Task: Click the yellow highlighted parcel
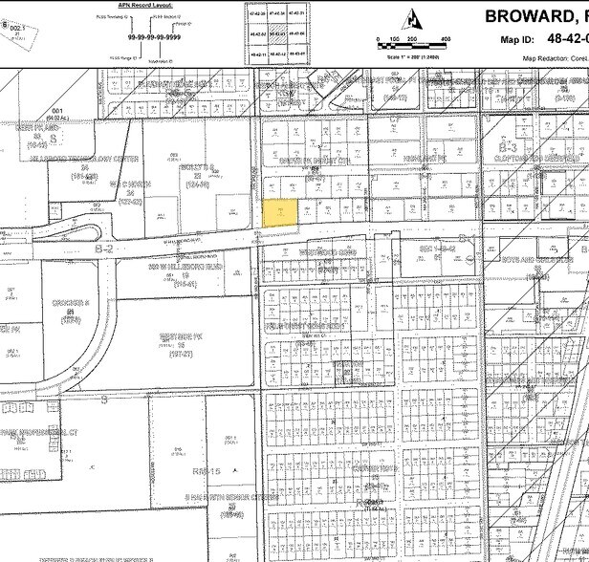278,213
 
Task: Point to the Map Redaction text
555,58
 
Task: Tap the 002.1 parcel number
14,29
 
